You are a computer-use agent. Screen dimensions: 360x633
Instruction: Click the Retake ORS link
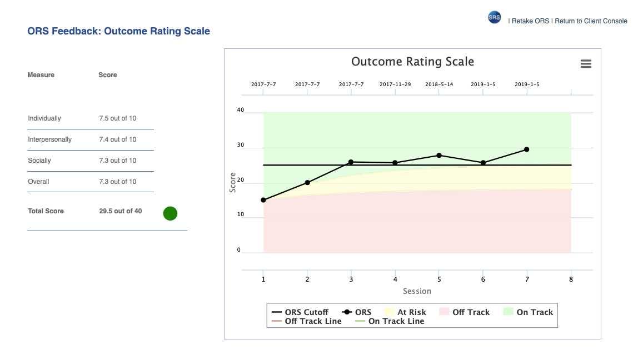530,21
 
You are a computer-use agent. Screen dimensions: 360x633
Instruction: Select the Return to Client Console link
591,21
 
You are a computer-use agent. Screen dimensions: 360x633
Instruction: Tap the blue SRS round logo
494,17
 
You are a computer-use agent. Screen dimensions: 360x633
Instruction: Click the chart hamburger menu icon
586,64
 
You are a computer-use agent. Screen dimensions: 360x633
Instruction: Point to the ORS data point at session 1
263,200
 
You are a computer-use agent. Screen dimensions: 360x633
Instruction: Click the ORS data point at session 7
527,149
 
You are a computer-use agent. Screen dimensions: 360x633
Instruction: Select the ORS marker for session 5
439,156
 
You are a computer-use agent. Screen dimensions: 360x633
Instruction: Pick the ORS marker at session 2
307,182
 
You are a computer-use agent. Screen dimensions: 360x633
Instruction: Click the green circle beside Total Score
170,213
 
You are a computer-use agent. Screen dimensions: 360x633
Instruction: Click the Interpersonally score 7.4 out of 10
118,139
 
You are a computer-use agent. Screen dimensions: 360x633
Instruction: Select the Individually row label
44,118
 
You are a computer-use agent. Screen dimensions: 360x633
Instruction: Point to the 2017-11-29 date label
395,84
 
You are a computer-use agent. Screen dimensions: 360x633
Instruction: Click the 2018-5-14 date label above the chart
439,84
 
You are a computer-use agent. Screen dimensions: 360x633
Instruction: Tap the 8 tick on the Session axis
571,279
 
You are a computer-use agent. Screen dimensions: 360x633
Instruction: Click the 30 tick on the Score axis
240,145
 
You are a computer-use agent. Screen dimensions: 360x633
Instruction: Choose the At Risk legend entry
406,312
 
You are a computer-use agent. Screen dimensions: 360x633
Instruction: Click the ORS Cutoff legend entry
300,312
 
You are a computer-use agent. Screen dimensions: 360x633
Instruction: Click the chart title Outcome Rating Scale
412,61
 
